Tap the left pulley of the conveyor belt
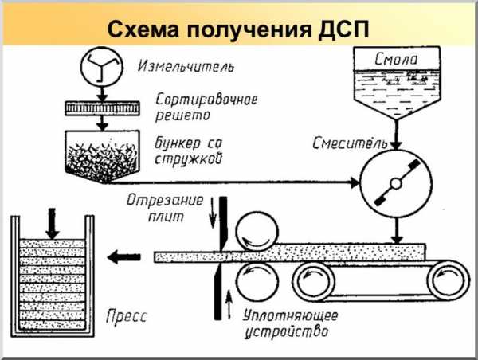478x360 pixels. (x=312, y=280)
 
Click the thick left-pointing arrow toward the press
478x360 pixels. (x=123, y=256)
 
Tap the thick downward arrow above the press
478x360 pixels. (x=51, y=222)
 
